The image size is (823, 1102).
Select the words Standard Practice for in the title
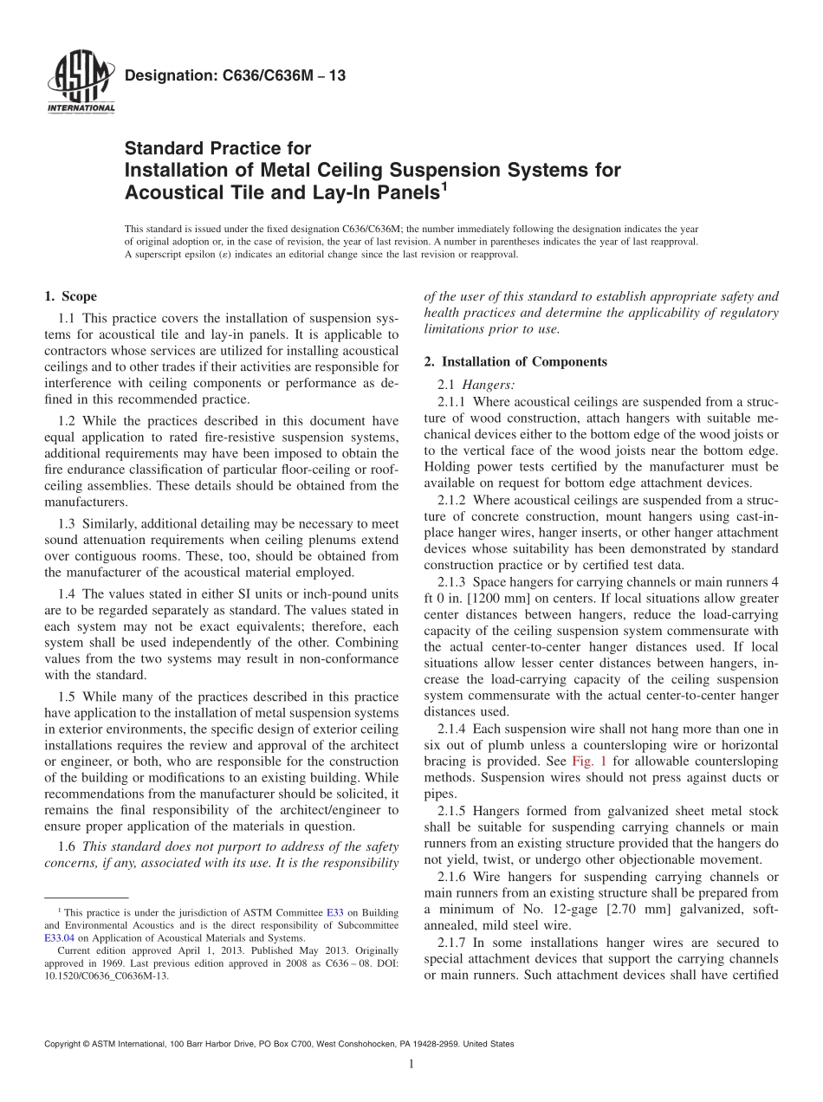click(x=217, y=148)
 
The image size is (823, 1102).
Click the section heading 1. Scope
click(x=70, y=296)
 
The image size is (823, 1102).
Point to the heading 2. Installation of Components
click(x=515, y=361)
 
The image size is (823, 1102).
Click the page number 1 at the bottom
click(x=411, y=1065)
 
